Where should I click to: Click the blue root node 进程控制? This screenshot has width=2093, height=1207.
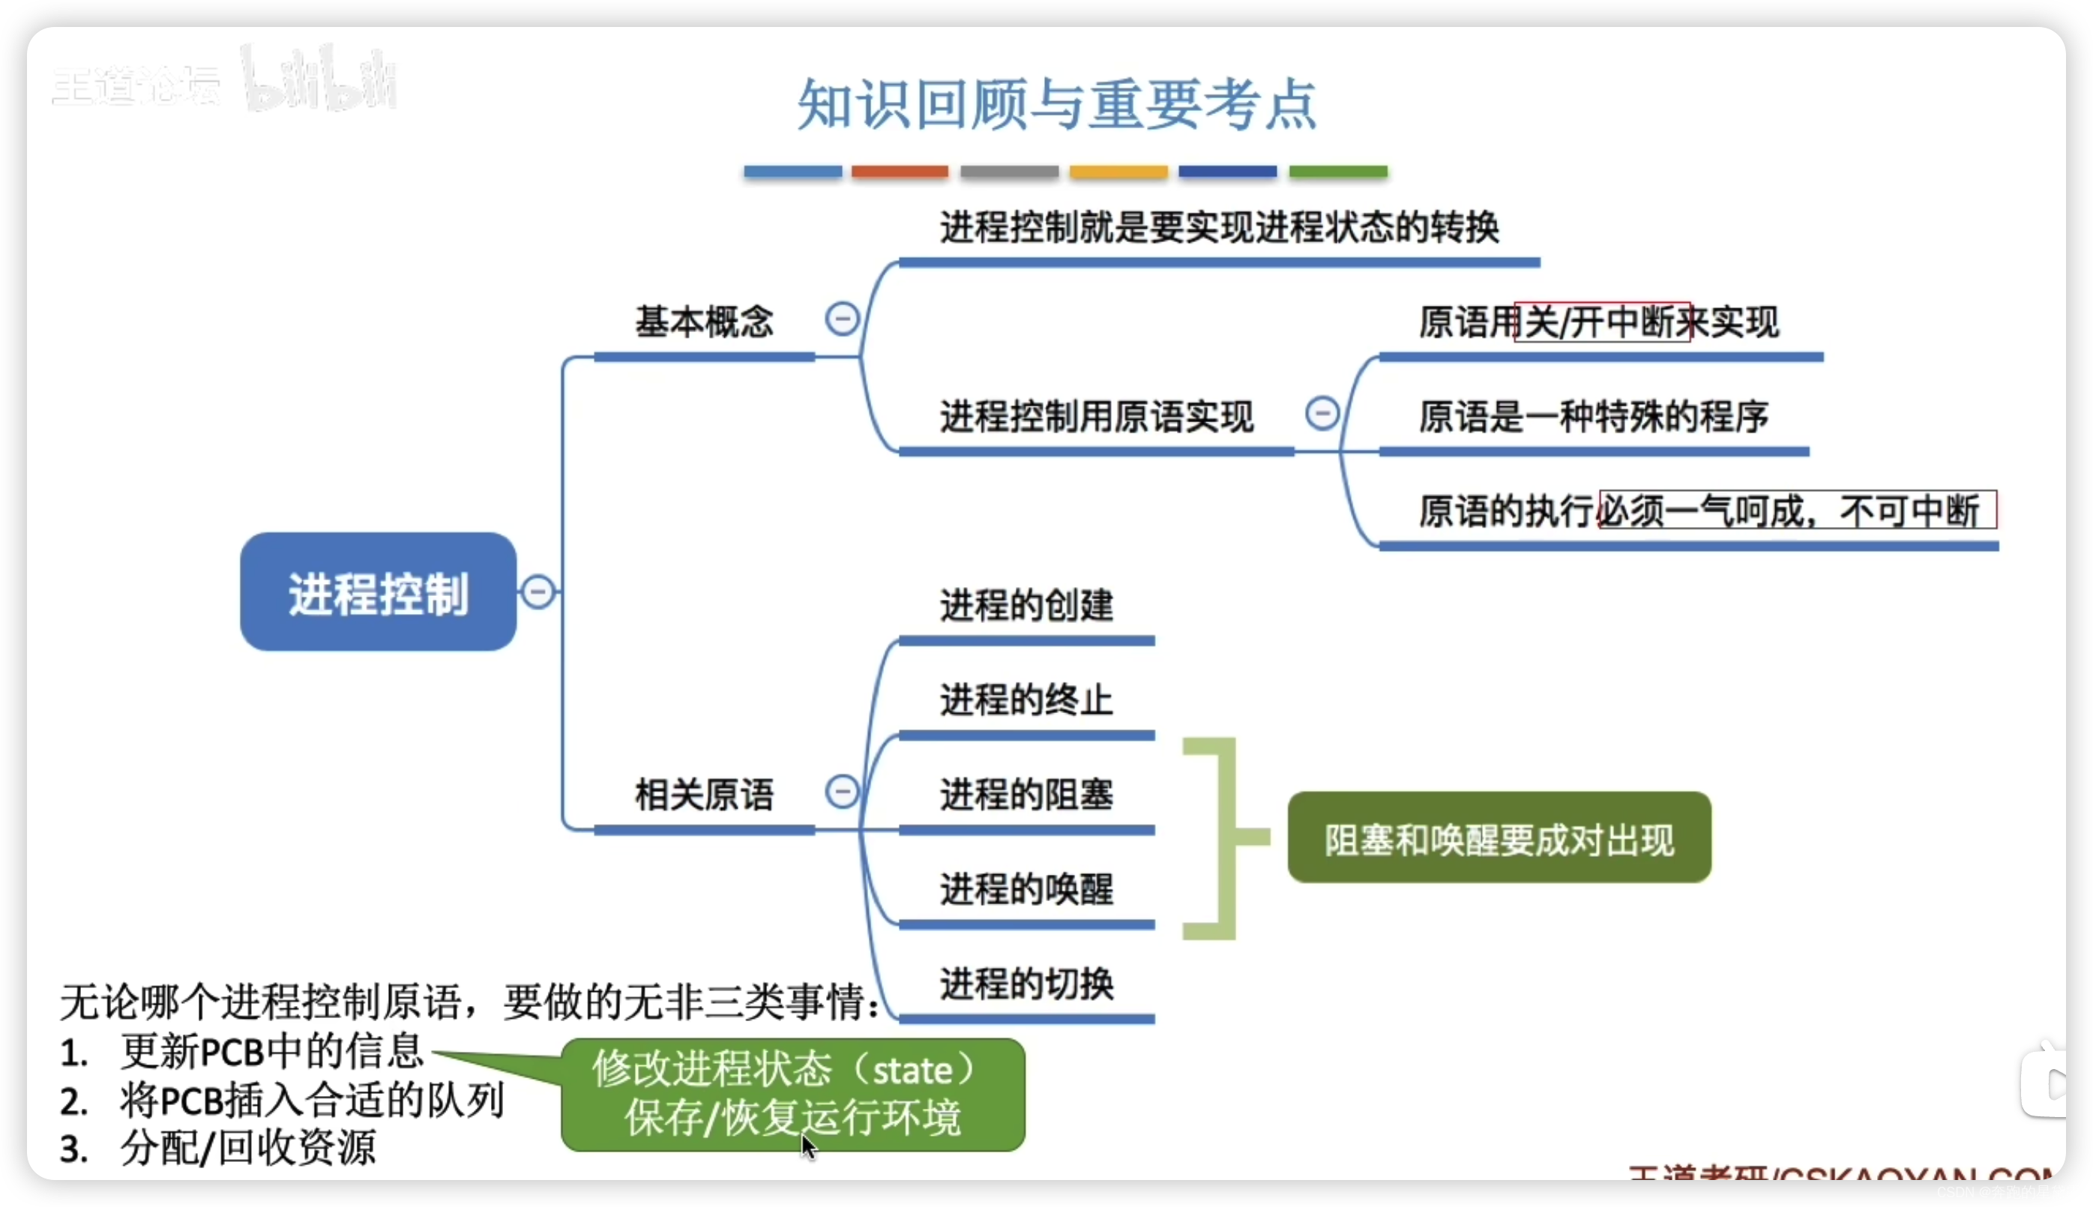[x=378, y=592]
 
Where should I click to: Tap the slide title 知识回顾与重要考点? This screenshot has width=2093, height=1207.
[x=1056, y=104]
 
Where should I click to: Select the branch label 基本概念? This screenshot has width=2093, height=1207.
[x=704, y=322]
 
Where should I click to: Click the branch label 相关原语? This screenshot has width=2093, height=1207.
[x=704, y=794]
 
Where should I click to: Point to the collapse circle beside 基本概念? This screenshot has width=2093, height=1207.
[x=841, y=319]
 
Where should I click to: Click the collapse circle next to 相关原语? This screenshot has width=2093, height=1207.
[x=841, y=791]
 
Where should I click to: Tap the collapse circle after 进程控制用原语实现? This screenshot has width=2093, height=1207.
[x=1322, y=413]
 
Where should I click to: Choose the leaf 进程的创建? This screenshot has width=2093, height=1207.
[x=1026, y=605]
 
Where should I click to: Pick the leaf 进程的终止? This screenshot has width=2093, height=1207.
[x=1026, y=699]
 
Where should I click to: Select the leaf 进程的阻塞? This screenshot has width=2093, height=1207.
[x=1026, y=794]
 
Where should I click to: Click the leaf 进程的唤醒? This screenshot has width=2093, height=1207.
[x=1026, y=888]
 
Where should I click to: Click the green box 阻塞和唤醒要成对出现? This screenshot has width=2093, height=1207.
[x=1499, y=838]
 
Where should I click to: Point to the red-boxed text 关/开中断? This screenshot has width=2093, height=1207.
[x=1601, y=322]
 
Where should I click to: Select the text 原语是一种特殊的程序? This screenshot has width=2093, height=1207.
[x=1593, y=416]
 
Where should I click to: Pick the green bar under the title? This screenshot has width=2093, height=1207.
[x=1337, y=172]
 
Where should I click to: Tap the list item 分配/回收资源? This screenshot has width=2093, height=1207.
[x=247, y=1148]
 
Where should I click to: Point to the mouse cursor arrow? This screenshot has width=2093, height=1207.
[x=807, y=1147]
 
